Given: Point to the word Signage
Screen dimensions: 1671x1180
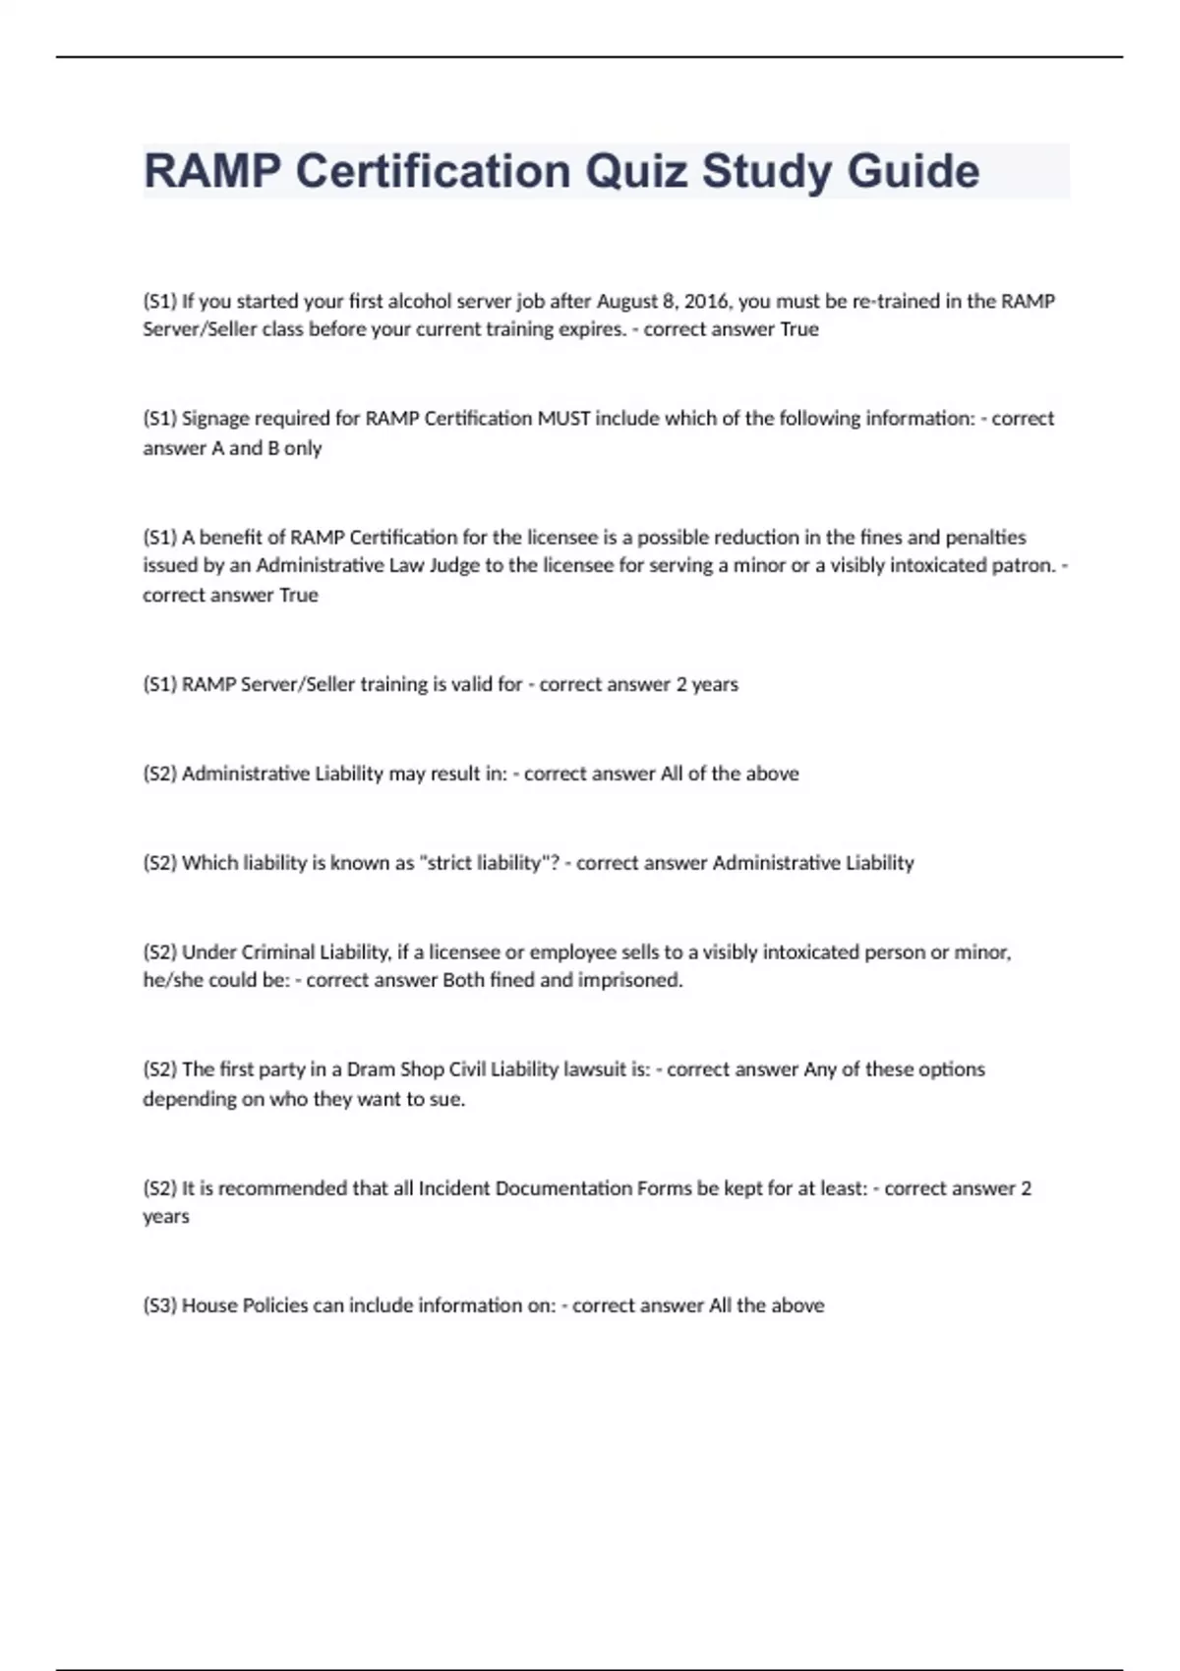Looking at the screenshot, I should point(215,419).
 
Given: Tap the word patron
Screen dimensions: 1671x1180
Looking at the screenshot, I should point(1021,565).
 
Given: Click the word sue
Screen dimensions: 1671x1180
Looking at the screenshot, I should point(446,1099).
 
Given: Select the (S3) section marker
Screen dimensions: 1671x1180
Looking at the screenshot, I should point(159,1305).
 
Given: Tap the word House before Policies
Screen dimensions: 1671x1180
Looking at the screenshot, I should point(208,1305).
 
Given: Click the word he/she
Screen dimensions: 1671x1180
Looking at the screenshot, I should point(172,980).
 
